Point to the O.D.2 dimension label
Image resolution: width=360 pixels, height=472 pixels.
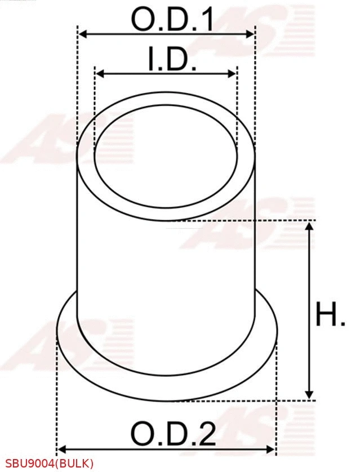tap(174, 434)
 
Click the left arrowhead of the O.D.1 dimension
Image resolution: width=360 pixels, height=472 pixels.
tap(81, 34)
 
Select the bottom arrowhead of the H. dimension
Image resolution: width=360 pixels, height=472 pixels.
tap(309, 395)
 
